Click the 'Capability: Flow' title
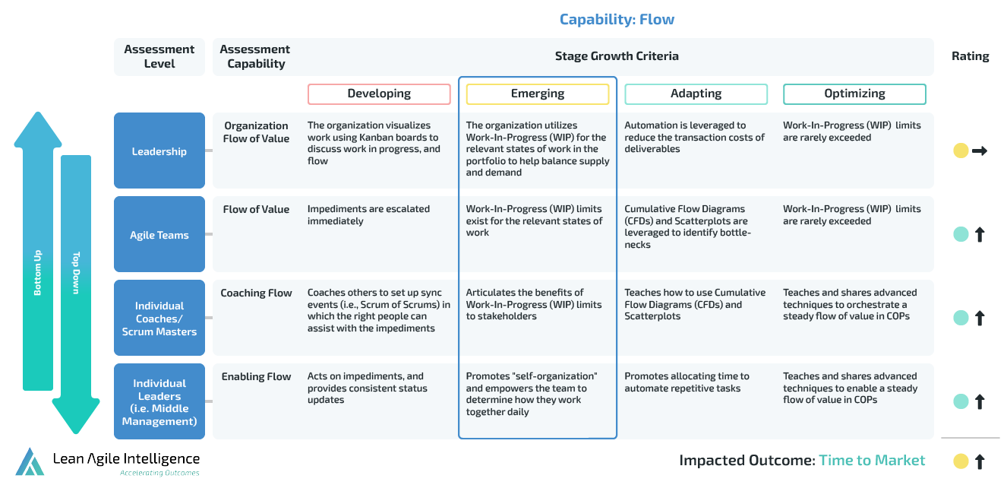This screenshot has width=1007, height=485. [x=617, y=20]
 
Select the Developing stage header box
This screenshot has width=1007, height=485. [x=379, y=94]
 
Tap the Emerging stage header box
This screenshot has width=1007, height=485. [x=538, y=94]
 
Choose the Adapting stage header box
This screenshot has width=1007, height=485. [x=696, y=94]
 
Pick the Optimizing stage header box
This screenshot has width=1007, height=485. [x=854, y=94]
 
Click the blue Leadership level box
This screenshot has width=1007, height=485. [x=159, y=151]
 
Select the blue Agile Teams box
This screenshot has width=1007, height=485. [x=159, y=234]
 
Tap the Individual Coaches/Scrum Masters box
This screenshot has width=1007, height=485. [x=159, y=318]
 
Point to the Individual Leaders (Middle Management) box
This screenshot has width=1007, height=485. [x=159, y=401]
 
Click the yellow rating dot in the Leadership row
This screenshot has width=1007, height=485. [x=961, y=151]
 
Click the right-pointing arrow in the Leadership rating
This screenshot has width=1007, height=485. [x=980, y=151]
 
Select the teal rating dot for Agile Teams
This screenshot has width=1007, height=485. [x=961, y=234]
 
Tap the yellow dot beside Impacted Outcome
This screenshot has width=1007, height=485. [x=961, y=461]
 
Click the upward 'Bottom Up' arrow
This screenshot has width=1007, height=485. [x=38, y=251]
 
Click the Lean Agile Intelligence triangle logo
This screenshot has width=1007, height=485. [x=30, y=461]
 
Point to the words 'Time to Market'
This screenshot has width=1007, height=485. [x=872, y=460]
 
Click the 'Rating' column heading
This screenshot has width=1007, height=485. [x=970, y=56]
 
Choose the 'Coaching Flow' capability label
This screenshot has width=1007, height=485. [x=256, y=293]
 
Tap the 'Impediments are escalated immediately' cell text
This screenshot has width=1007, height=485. [x=368, y=215]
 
